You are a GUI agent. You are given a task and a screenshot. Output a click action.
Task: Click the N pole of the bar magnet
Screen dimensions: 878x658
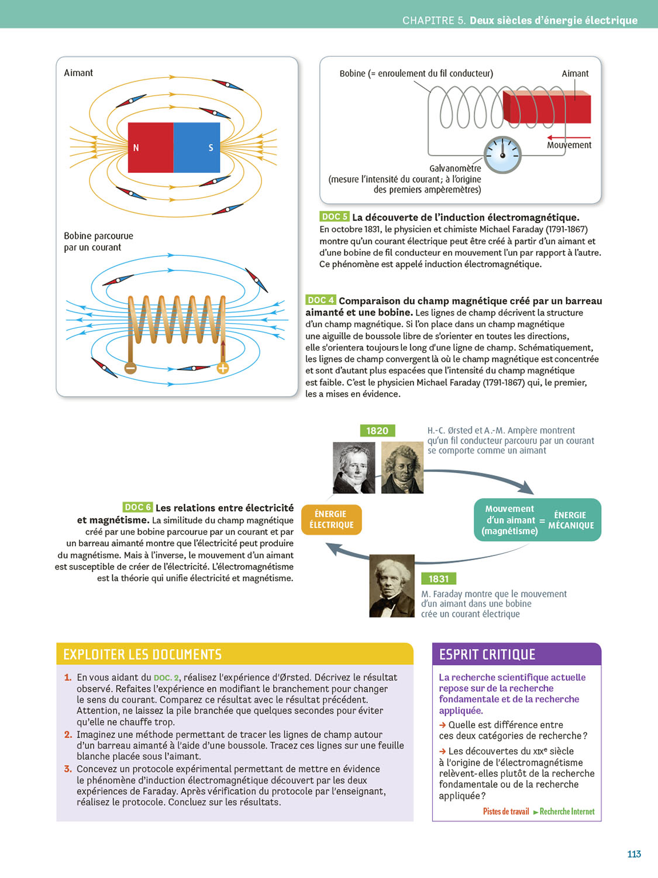150,148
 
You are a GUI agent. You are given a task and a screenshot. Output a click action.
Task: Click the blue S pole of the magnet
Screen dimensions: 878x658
197,148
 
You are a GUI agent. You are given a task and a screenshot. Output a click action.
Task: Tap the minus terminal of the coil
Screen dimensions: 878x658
130,368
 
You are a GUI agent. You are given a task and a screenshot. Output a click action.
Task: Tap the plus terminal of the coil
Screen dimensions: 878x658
223,368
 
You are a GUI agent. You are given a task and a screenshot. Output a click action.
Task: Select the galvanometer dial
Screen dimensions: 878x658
502,155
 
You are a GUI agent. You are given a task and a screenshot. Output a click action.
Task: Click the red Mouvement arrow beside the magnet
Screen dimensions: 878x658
565,138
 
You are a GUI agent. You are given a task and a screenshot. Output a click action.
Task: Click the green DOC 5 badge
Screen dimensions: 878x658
335,217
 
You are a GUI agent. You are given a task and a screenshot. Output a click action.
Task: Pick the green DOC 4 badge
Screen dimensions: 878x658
321,300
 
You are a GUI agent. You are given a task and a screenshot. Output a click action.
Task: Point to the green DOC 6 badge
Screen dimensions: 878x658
138,507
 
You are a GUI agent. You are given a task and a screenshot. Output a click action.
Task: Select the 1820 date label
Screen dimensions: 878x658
377,431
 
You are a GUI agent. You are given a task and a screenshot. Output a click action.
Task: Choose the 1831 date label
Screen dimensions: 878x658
439,579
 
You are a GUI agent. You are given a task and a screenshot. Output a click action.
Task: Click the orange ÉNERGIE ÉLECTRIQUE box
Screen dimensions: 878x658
332,519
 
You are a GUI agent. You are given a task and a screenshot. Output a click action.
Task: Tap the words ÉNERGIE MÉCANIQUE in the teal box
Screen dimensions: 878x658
571,520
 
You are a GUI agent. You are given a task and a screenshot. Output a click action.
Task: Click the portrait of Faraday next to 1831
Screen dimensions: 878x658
392,586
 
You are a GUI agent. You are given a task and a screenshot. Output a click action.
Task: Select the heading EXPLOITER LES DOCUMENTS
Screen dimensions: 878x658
142,654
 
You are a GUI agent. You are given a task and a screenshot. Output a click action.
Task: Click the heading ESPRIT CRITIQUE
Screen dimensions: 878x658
487,654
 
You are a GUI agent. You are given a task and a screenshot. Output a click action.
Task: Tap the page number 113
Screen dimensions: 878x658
634,854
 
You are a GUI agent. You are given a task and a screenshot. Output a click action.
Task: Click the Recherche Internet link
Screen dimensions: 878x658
566,812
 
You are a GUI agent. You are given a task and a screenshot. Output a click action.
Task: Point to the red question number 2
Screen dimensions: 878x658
68,735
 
